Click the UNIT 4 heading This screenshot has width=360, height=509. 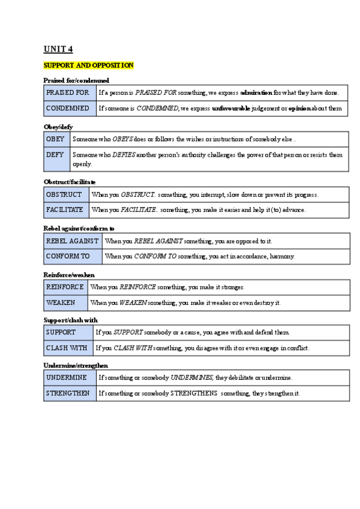tap(58, 49)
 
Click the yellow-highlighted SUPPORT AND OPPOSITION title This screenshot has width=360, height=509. tap(88, 65)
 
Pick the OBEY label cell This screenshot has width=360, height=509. tap(56, 139)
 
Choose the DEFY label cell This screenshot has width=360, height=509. tap(56, 159)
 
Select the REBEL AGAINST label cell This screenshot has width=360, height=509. tap(73, 241)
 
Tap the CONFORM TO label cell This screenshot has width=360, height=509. tap(73, 256)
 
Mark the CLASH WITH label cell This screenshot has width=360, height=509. tap(68, 348)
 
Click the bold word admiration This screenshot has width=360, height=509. tap(256, 93)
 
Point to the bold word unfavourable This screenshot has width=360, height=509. tap(231, 109)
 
